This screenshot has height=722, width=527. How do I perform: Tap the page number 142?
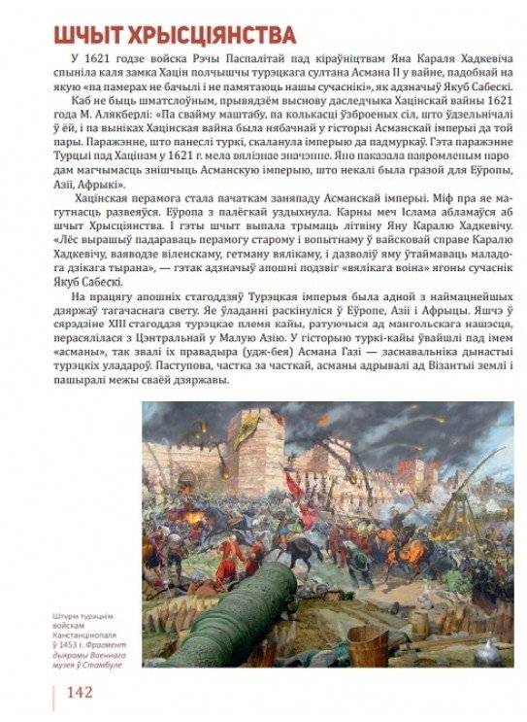79,692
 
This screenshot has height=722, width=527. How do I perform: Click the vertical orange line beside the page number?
54,692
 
